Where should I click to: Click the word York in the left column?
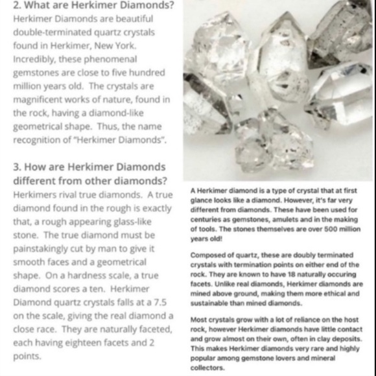click(x=121, y=46)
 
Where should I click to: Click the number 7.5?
click(x=160, y=302)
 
